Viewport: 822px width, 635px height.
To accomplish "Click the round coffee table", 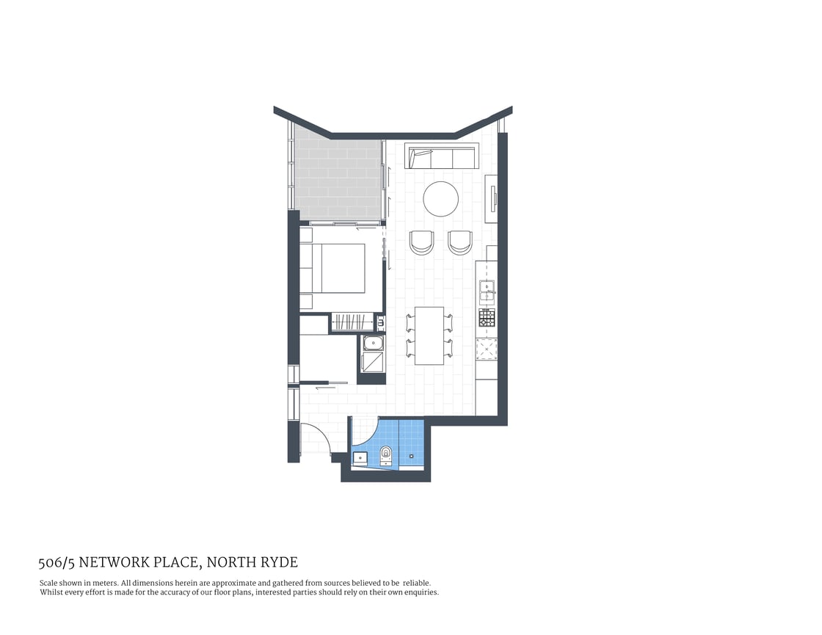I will (441, 199).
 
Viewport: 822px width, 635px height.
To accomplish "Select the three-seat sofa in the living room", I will (441, 158).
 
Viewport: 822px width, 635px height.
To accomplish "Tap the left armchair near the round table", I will (422, 242).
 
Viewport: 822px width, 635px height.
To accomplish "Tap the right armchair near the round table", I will (460, 242).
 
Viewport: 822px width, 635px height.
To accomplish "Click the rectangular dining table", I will (429, 335).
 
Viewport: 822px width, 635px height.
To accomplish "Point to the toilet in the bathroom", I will (387, 455).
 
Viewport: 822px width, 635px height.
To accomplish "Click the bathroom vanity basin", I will (360, 458).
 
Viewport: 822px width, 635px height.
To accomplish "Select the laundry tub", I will (374, 343).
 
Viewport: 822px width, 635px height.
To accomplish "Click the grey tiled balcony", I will (338, 178).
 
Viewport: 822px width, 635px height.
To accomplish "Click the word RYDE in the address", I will (281, 563).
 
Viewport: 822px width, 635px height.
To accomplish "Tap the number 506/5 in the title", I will (57, 563).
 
